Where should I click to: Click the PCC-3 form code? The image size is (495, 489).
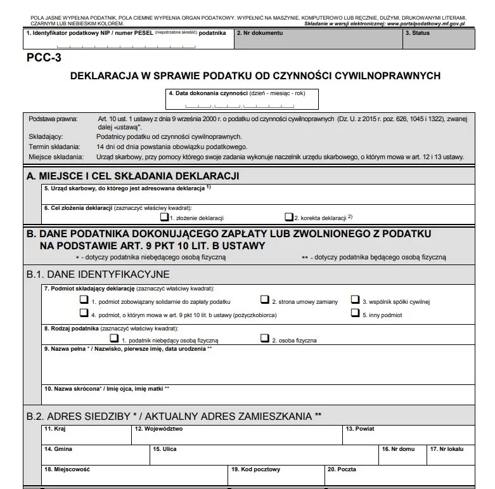pyautogui.click(x=44, y=56)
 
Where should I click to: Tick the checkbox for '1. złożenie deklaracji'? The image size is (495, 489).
pyautogui.click(x=164, y=216)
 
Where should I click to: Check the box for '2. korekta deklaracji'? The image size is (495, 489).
pyautogui.click(x=289, y=216)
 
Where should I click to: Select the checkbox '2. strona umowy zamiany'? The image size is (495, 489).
pyautogui.click(x=265, y=300)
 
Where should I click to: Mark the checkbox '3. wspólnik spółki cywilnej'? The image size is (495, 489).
pyautogui.click(x=355, y=300)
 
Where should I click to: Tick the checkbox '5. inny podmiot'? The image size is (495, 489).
pyautogui.click(x=355, y=313)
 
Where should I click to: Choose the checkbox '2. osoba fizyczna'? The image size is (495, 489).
pyautogui.click(x=265, y=339)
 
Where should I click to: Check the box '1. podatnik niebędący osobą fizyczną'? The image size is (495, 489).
pyautogui.click(x=115, y=339)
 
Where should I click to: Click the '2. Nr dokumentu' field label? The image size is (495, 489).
pyautogui.click(x=259, y=32)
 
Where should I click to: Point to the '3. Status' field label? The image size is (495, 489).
pyautogui.click(x=421, y=32)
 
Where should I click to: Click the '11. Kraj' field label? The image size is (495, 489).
pyautogui.click(x=55, y=429)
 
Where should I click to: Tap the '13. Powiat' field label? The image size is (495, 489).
pyautogui.click(x=360, y=429)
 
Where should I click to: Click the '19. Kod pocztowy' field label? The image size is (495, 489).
pyautogui.click(x=255, y=469)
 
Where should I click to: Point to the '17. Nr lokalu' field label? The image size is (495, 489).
pyautogui.click(x=446, y=449)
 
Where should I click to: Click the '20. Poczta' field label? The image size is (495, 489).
pyautogui.click(x=342, y=469)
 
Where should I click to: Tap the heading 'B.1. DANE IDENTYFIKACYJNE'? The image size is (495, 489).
pyautogui.click(x=98, y=274)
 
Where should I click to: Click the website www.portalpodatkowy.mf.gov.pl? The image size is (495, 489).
pyautogui.click(x=425, y=22)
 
